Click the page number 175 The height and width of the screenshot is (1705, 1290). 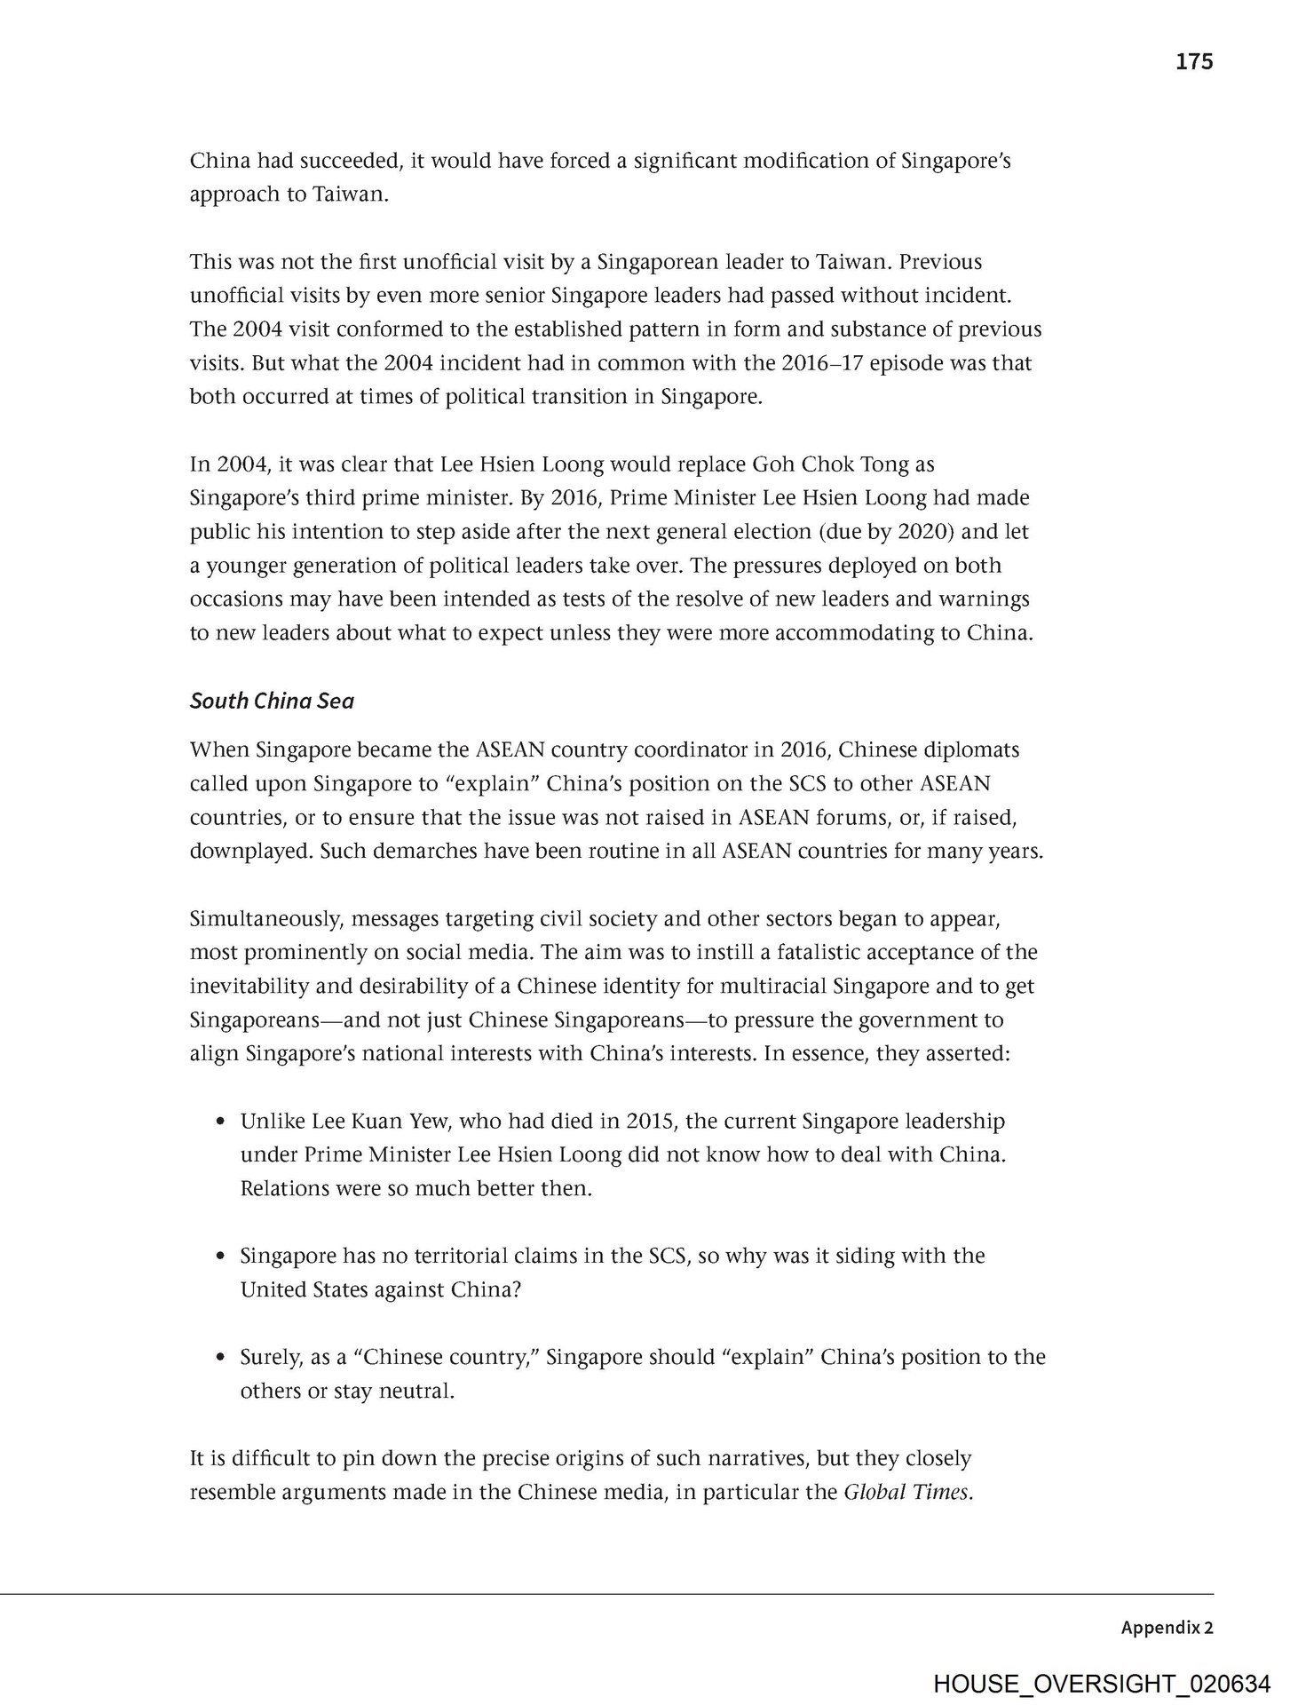(1193, 61)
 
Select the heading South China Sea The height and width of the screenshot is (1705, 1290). (272, 702)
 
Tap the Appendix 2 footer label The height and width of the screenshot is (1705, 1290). (1167, 1628)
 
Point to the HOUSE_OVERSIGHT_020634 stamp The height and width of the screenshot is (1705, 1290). (1101, 1684)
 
